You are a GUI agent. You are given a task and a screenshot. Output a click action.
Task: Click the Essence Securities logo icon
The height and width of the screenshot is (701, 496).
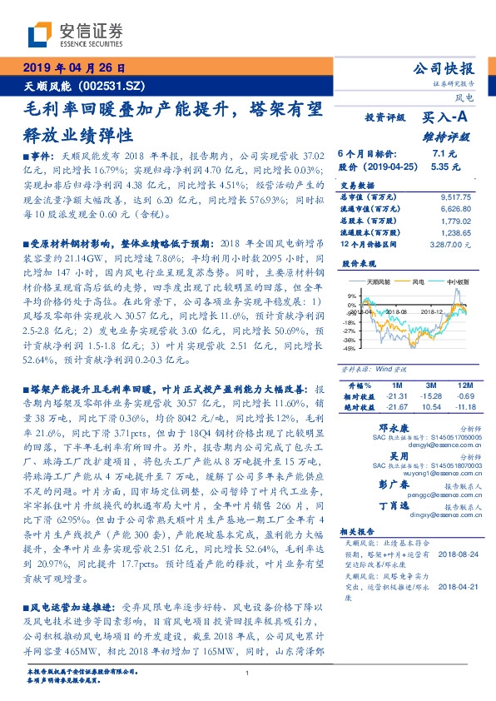point(39,35)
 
